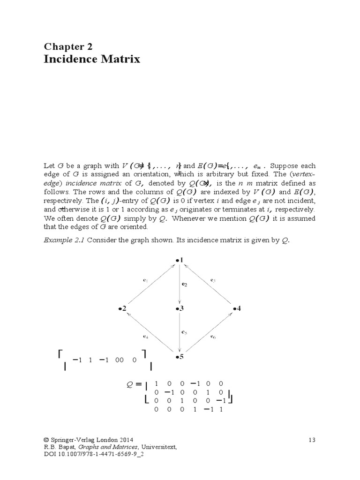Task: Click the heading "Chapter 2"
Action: point(68,46)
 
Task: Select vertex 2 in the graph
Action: point(122,308)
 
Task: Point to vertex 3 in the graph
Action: point(179,308)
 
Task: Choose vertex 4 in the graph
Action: point(237,308)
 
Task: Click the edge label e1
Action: point(145,280)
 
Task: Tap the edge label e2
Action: point(184,284)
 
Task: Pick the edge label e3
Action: point(213,280)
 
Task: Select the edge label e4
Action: point(145,336)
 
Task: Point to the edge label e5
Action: point(184,332)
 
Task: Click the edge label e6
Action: point(213,336)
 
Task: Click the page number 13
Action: point(312,440)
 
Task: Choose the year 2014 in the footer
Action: point(125,440)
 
